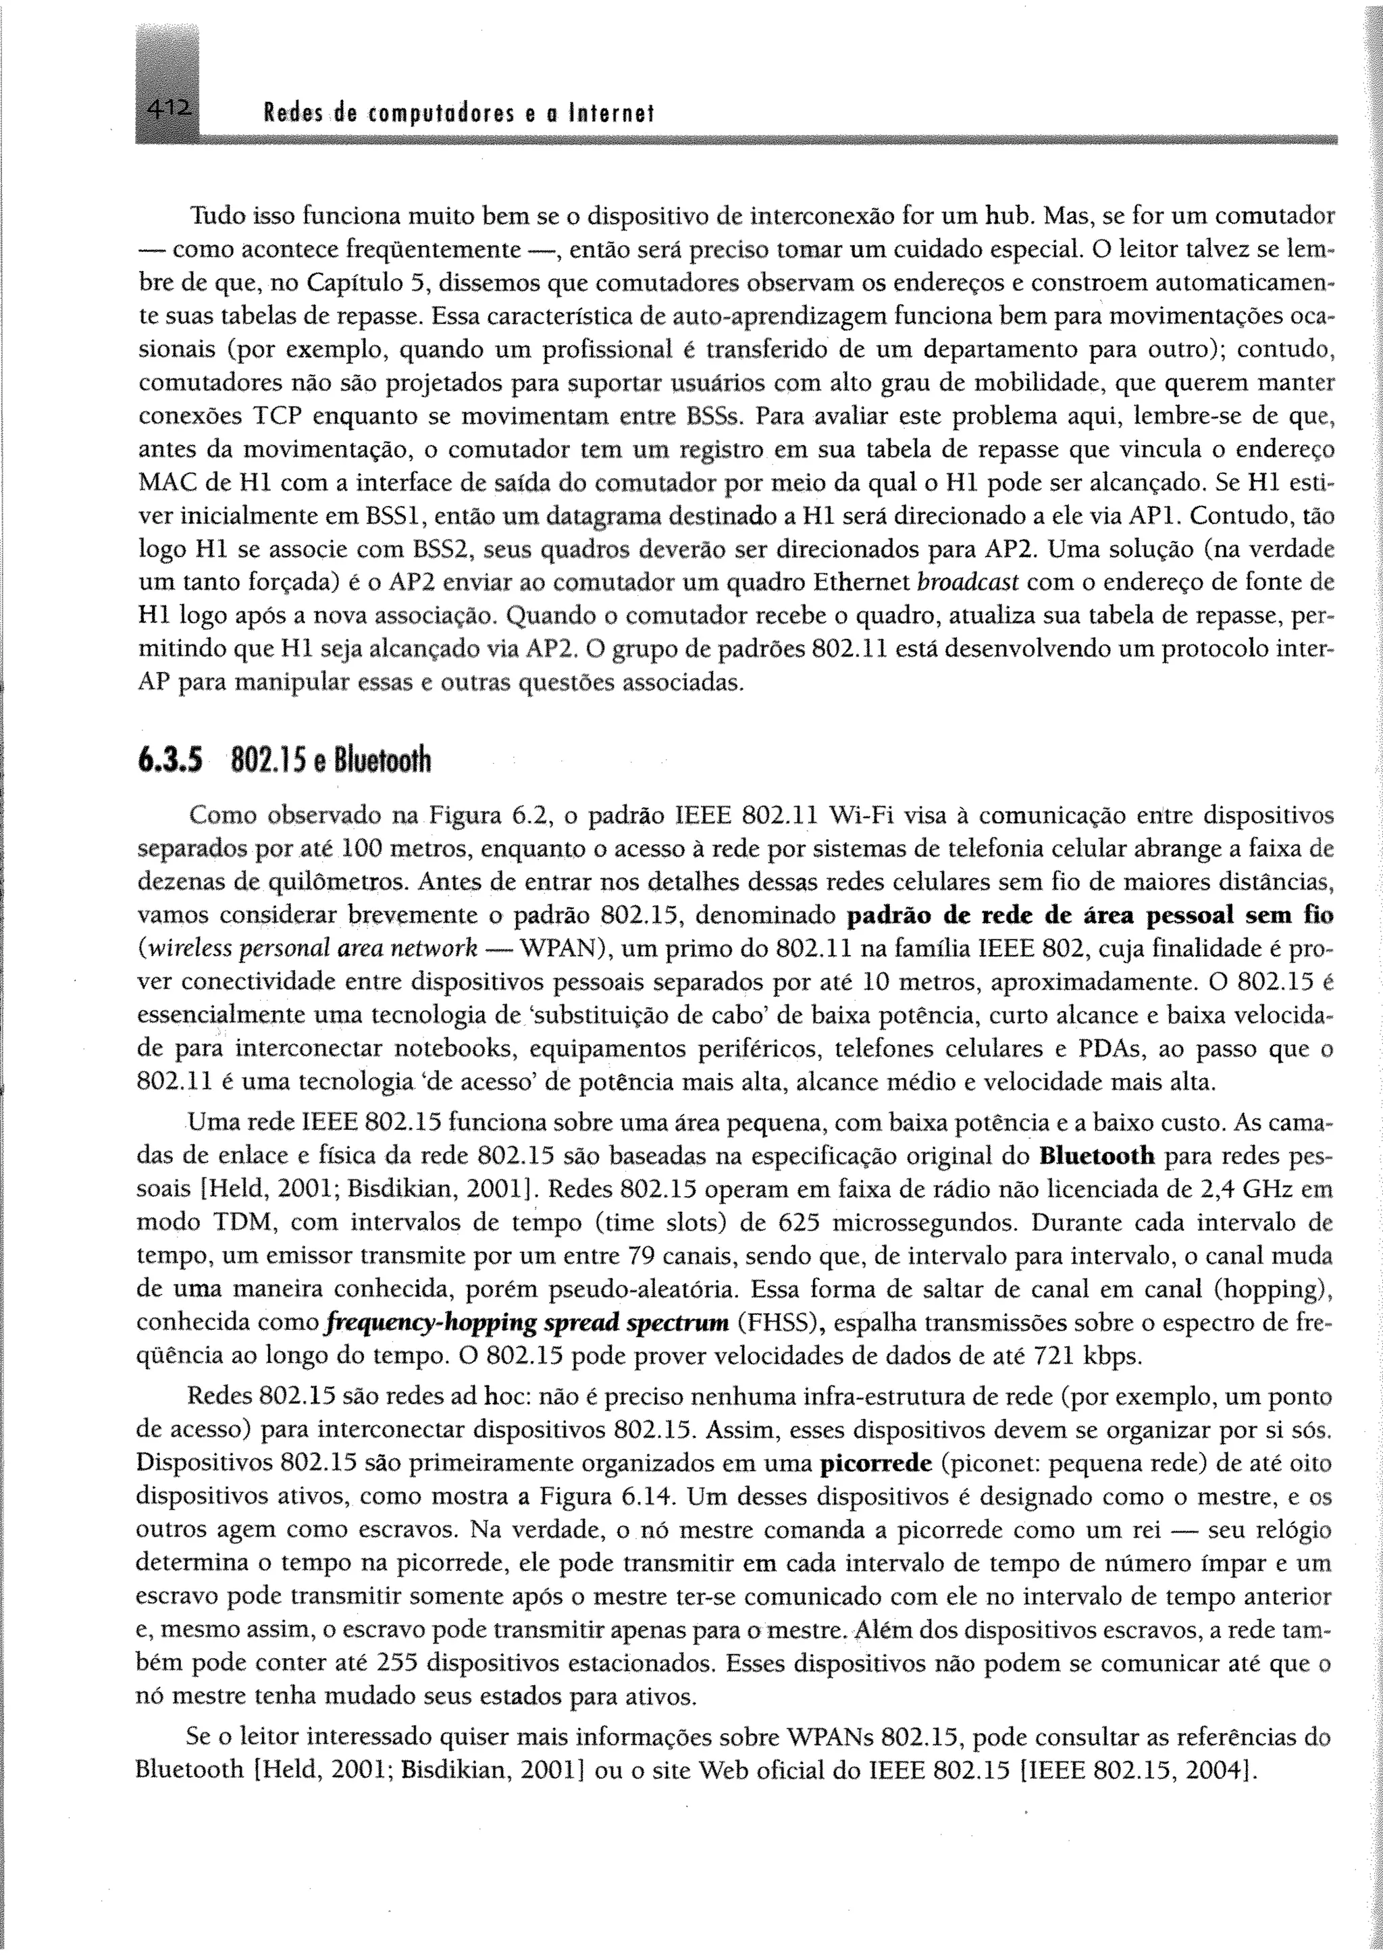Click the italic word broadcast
[x=968, y=583]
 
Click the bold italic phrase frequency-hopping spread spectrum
[x=528, y=1322]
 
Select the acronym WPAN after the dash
[x=558, y=948]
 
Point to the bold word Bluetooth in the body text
[x=1097, y=1156]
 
